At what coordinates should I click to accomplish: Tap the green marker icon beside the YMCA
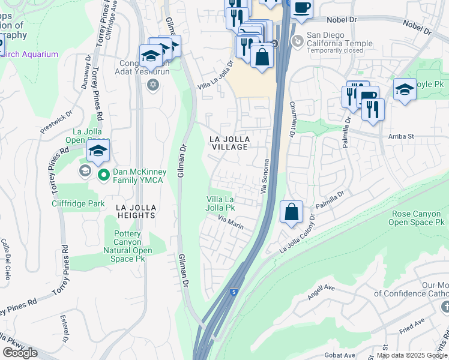point(103,176)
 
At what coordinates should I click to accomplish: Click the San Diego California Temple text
point(339,39)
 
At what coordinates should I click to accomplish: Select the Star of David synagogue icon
point(153,84)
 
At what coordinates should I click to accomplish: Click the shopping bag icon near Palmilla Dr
point(291,212)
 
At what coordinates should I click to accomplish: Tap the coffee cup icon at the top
point(302,7)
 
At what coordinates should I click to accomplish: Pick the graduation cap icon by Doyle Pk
point(405,90)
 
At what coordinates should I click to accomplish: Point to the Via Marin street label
point(231,222)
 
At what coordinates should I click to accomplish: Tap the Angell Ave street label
point(321,288)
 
